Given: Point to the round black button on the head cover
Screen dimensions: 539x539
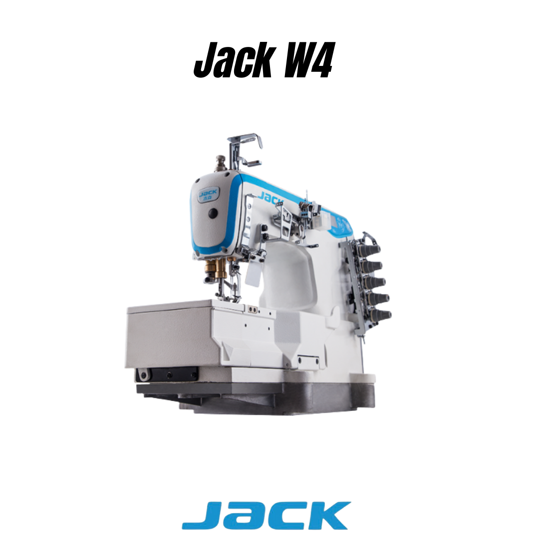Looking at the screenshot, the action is click(x=213, y=213).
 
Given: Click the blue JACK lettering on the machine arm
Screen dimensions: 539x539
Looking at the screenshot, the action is click(x=270, y=197).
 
